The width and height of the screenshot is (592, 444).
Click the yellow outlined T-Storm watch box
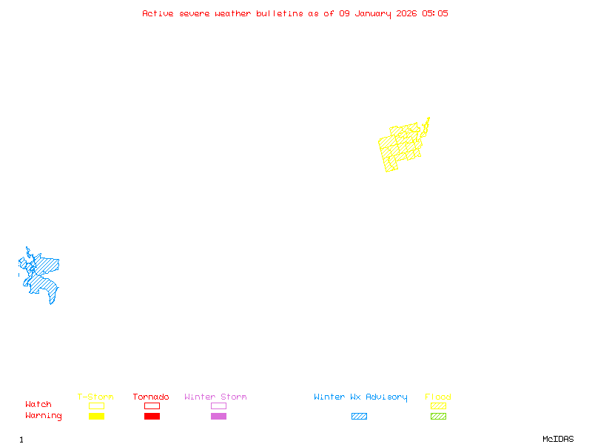pos(96,406)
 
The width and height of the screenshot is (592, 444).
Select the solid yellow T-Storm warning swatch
pos(96,417)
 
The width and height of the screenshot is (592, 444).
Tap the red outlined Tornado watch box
pos(152,406)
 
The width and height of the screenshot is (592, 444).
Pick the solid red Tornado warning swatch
pos(152,417)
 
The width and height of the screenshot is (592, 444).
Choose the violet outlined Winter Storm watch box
pos(218,406)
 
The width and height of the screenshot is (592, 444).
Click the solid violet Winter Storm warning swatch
pos(218,417)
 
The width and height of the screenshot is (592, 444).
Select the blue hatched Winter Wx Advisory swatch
pos(359,417)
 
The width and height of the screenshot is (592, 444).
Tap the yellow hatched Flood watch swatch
pos(438,406)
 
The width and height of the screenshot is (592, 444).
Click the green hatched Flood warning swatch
pos(438,417)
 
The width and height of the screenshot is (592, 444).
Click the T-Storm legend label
pos(95,397)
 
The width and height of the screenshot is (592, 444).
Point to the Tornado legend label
pos(151,397)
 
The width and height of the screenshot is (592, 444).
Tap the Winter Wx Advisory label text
pos(360,397)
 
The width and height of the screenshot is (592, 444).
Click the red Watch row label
pos(38,405)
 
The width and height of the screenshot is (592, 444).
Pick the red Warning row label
pos(44,416)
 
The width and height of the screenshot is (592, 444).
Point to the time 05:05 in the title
pos(435,13)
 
